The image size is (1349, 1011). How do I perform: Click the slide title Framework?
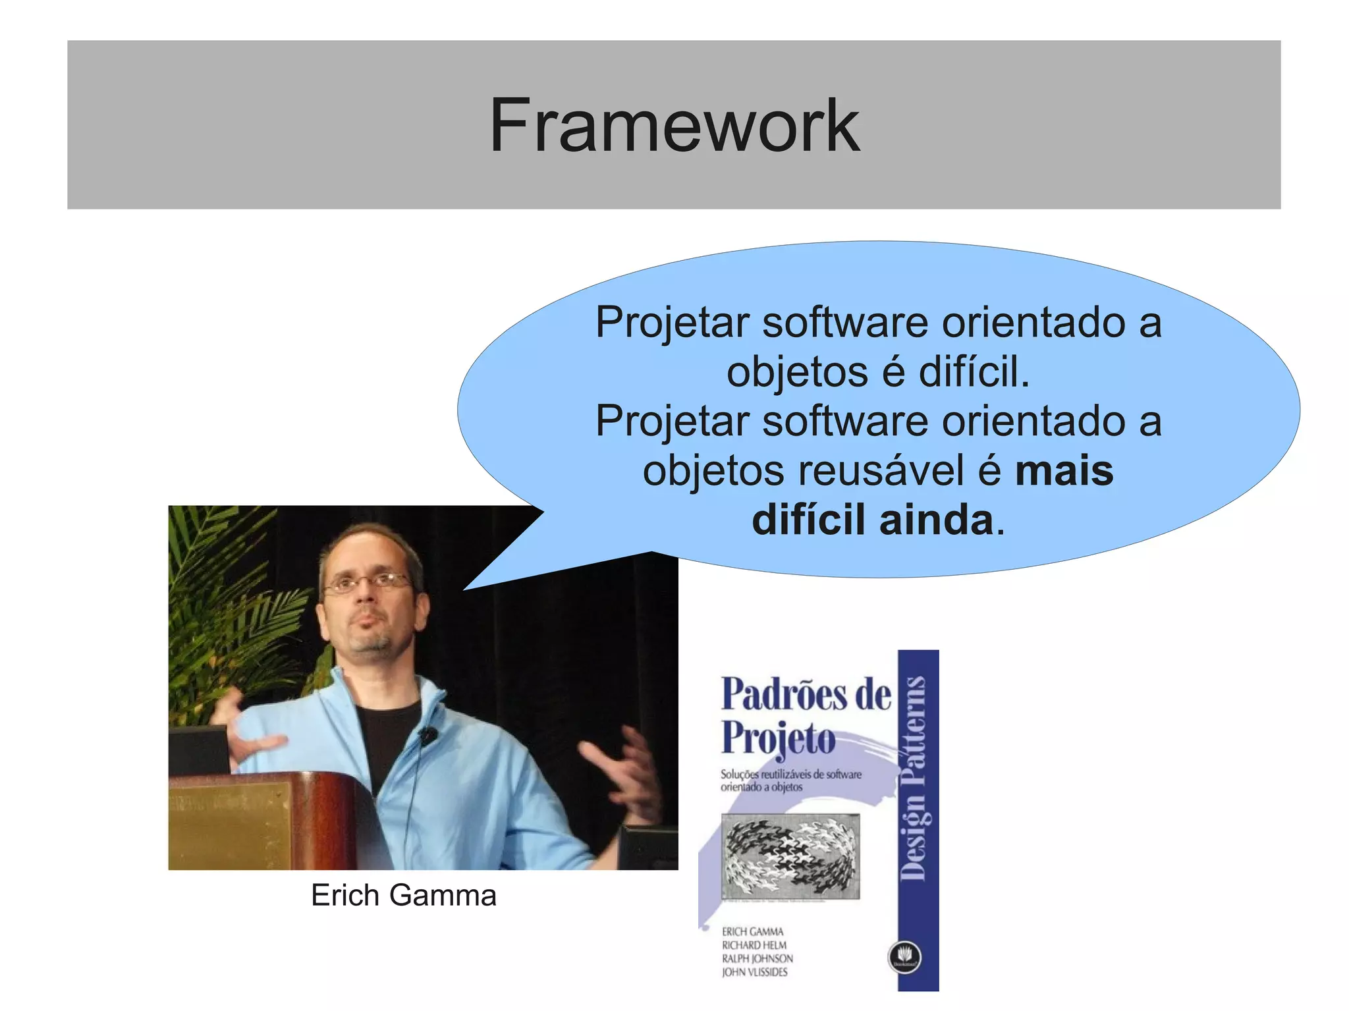coord(674,125)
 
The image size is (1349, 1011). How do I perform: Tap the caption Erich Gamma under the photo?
coord(403,896)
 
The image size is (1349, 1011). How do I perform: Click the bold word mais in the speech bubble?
coord(1064,471)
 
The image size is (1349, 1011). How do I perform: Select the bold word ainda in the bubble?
coord(936,520)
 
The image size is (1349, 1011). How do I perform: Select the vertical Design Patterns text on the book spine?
coord(917,777)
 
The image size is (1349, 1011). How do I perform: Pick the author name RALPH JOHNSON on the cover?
coord(757,958)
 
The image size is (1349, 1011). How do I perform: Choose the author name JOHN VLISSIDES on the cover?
coord(754,972)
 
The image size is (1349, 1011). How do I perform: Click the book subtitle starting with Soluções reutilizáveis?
coord(790,780)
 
